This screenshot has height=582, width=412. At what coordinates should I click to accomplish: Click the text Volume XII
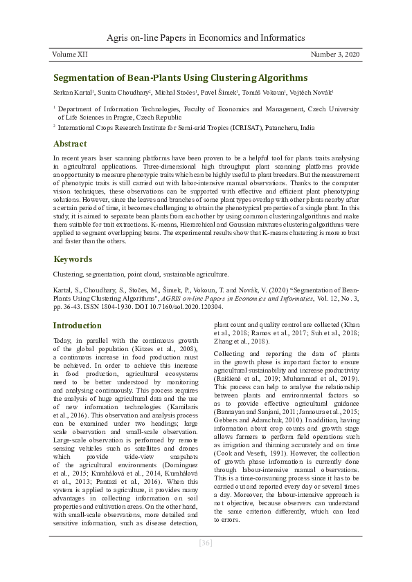click(71, 53)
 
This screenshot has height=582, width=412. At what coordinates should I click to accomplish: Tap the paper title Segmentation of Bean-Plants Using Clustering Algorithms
click(180, 78)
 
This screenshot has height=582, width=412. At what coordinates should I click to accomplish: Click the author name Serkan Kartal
click(74, 92)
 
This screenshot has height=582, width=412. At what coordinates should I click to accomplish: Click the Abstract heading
click(70, 144)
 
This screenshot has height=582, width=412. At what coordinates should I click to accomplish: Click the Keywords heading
click(73, 259)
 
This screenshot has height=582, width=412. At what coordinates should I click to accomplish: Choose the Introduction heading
click(78, 325)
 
